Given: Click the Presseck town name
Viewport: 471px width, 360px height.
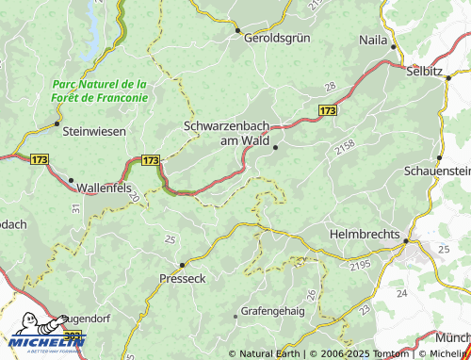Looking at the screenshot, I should tap(182, 279).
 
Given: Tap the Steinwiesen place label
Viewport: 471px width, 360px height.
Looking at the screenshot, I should tap(93, 132).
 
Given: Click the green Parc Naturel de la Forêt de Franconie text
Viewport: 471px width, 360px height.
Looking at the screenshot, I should tap(99, 90).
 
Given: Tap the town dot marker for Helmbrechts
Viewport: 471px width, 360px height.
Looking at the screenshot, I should tap(406, 241).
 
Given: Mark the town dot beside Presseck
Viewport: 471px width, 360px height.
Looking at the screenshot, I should tap(182, 264).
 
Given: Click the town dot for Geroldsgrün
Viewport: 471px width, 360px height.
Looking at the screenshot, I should tap(236, 29).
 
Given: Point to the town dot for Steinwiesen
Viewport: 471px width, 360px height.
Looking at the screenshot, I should tap(57, 123).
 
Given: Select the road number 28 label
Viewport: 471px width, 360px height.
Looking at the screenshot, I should tap(330, 87).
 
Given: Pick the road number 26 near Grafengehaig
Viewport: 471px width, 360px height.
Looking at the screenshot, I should tap(312, 295).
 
